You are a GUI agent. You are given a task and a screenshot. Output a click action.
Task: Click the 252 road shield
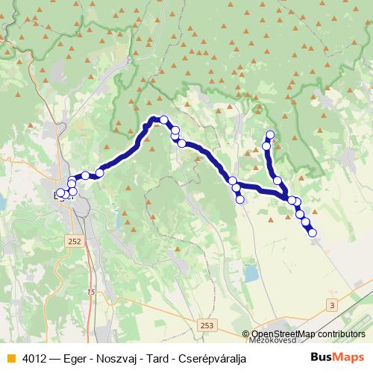coord(74,242)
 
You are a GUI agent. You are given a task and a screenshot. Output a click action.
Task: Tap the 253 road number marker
coord(207,326)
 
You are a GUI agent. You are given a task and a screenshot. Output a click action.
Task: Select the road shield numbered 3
coord(332,305)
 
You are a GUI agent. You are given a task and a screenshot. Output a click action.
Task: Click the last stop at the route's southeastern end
coord(312,233)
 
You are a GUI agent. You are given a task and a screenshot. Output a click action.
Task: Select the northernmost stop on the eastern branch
coord(270,135)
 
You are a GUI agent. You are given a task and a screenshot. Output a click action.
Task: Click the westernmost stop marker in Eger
coord(60,193)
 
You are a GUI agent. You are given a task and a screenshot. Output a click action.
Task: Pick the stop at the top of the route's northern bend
coord(163,119)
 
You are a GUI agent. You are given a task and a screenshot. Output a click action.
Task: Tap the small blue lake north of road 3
coord(251,274)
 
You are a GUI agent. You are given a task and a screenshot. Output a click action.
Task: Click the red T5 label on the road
coord(91,291)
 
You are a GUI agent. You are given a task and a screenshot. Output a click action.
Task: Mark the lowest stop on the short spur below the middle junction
coord(239,199)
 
